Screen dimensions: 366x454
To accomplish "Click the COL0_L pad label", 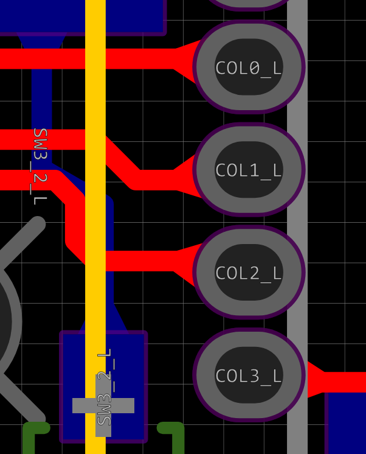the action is pos(249,68).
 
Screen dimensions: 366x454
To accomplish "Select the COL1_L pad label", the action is pos(249,170).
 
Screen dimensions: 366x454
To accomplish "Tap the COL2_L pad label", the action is pos(249,273).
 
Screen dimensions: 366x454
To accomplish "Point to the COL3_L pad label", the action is pos(249,375).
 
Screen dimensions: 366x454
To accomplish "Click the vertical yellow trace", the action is pos(95,227).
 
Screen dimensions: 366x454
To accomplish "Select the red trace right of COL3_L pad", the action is pos(336,382).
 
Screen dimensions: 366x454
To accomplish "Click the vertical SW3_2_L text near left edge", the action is pos(40,167).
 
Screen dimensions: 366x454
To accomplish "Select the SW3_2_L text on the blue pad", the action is pos(105,387).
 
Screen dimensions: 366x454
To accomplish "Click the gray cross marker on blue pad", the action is pos(103,405).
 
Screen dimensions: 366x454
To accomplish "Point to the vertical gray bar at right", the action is pos(297,227).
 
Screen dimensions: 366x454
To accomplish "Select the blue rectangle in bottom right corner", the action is pos(346,424).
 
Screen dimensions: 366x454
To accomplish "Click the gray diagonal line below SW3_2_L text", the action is pos(20,243).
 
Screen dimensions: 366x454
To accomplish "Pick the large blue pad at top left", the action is pos(83,18).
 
